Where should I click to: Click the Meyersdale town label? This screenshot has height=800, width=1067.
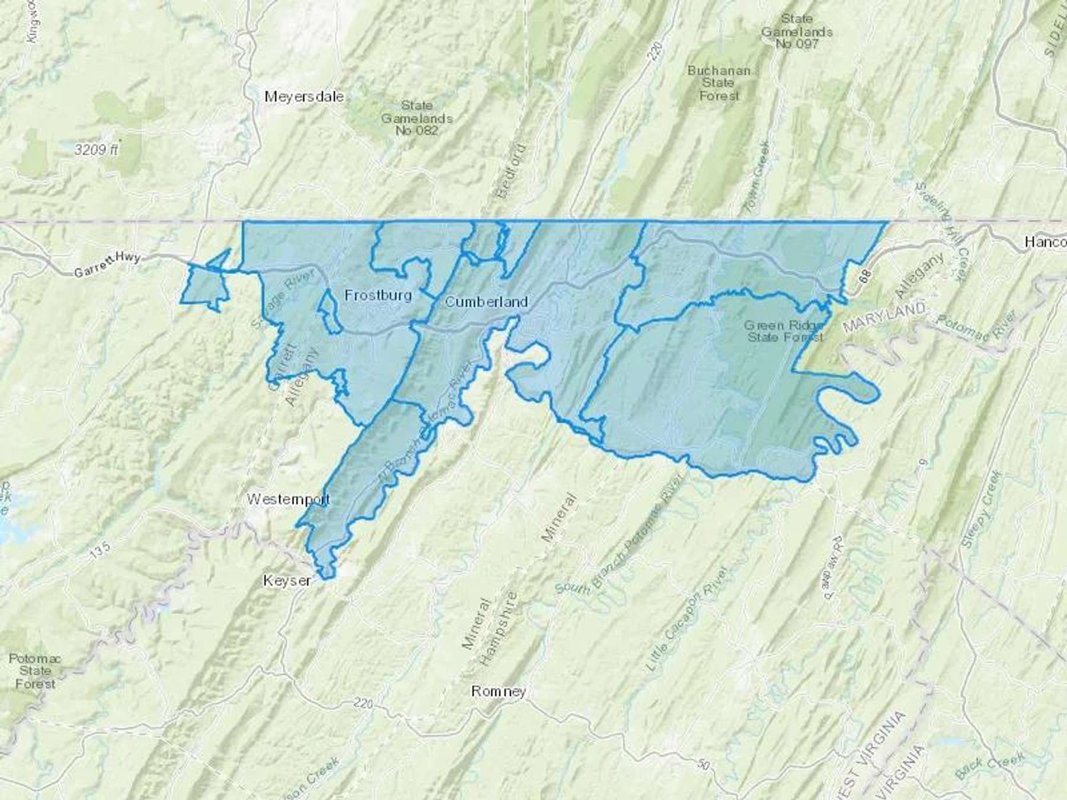(304, 96)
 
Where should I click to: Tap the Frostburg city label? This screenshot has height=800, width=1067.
(378, 295)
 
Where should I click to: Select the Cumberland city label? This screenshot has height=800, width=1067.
(486, 302)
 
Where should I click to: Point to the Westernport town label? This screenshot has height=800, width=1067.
(288, 500)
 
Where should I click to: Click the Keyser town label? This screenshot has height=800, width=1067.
(287, 581)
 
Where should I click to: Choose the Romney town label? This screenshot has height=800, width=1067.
(499, 692)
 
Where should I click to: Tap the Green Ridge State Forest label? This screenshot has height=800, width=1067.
(785, 331)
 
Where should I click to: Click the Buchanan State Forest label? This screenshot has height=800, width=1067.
(719, 83)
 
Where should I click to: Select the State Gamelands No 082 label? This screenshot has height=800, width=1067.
(417, 117)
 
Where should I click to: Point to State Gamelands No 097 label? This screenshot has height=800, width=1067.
(797, 31)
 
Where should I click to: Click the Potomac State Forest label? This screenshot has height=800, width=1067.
(35, 671)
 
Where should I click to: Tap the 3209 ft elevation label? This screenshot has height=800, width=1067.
(97, 150)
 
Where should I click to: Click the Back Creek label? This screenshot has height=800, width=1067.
(991, 764)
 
